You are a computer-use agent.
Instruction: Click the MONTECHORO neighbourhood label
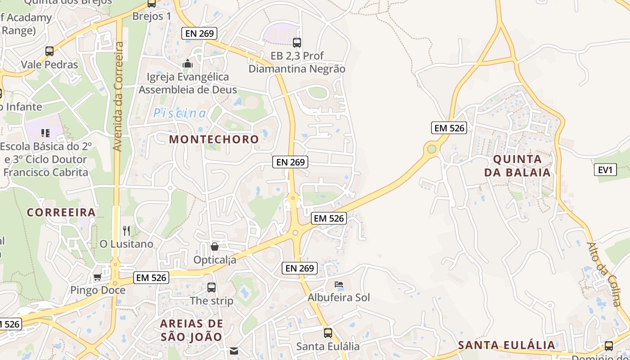tap(214, 139)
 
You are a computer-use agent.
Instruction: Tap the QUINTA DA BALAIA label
tap(517, 166)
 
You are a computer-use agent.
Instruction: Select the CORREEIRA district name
tap(61, 212)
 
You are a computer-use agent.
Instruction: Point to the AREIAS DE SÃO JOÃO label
tap(191, 330)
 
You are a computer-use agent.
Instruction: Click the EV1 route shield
tap(605, 170)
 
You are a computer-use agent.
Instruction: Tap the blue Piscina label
tap(180, 113)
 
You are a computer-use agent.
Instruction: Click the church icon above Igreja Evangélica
tap(188, 64)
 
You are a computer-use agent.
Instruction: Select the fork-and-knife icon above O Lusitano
tap(126, 231)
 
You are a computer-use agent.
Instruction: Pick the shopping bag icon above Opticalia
tap(215, 247)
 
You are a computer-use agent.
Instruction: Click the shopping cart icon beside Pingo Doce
tap(97, 277)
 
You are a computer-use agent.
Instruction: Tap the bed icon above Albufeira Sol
tap(339, 284)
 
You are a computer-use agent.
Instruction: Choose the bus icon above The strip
tap(211, 287)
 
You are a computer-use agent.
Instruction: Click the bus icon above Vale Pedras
tap(49, 51)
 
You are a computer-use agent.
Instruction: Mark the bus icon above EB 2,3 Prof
tap(297, 43)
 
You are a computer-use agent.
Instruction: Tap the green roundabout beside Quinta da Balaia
tap(432, 148)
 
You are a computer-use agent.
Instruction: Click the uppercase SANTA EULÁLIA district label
tap(506, 346)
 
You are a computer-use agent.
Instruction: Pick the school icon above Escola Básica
tap(45, 133)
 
